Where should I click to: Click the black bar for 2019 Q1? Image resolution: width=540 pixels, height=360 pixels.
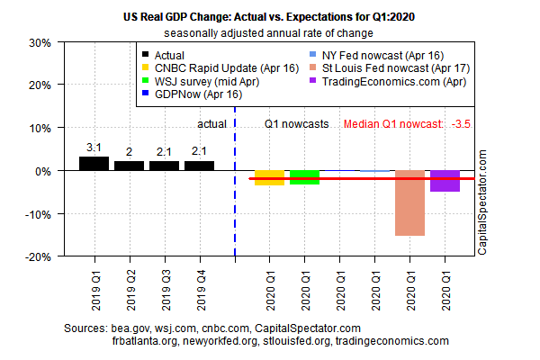(x=94, y=164)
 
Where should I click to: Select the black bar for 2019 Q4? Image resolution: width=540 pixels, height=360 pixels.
(x=199, y=166)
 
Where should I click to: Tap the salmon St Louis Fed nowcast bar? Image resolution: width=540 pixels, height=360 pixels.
(x=409, y=202)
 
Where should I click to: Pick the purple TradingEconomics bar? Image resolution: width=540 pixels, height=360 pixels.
(x=445, y=181)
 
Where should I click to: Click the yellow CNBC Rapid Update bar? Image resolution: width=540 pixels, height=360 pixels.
(x=269, y=177)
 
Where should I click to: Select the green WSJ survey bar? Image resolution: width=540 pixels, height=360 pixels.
(x=304, y=177)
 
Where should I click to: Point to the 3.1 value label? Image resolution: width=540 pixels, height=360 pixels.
(x=94, y=147)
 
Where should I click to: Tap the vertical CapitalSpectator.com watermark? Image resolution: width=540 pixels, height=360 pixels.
(x=482, y=202)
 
